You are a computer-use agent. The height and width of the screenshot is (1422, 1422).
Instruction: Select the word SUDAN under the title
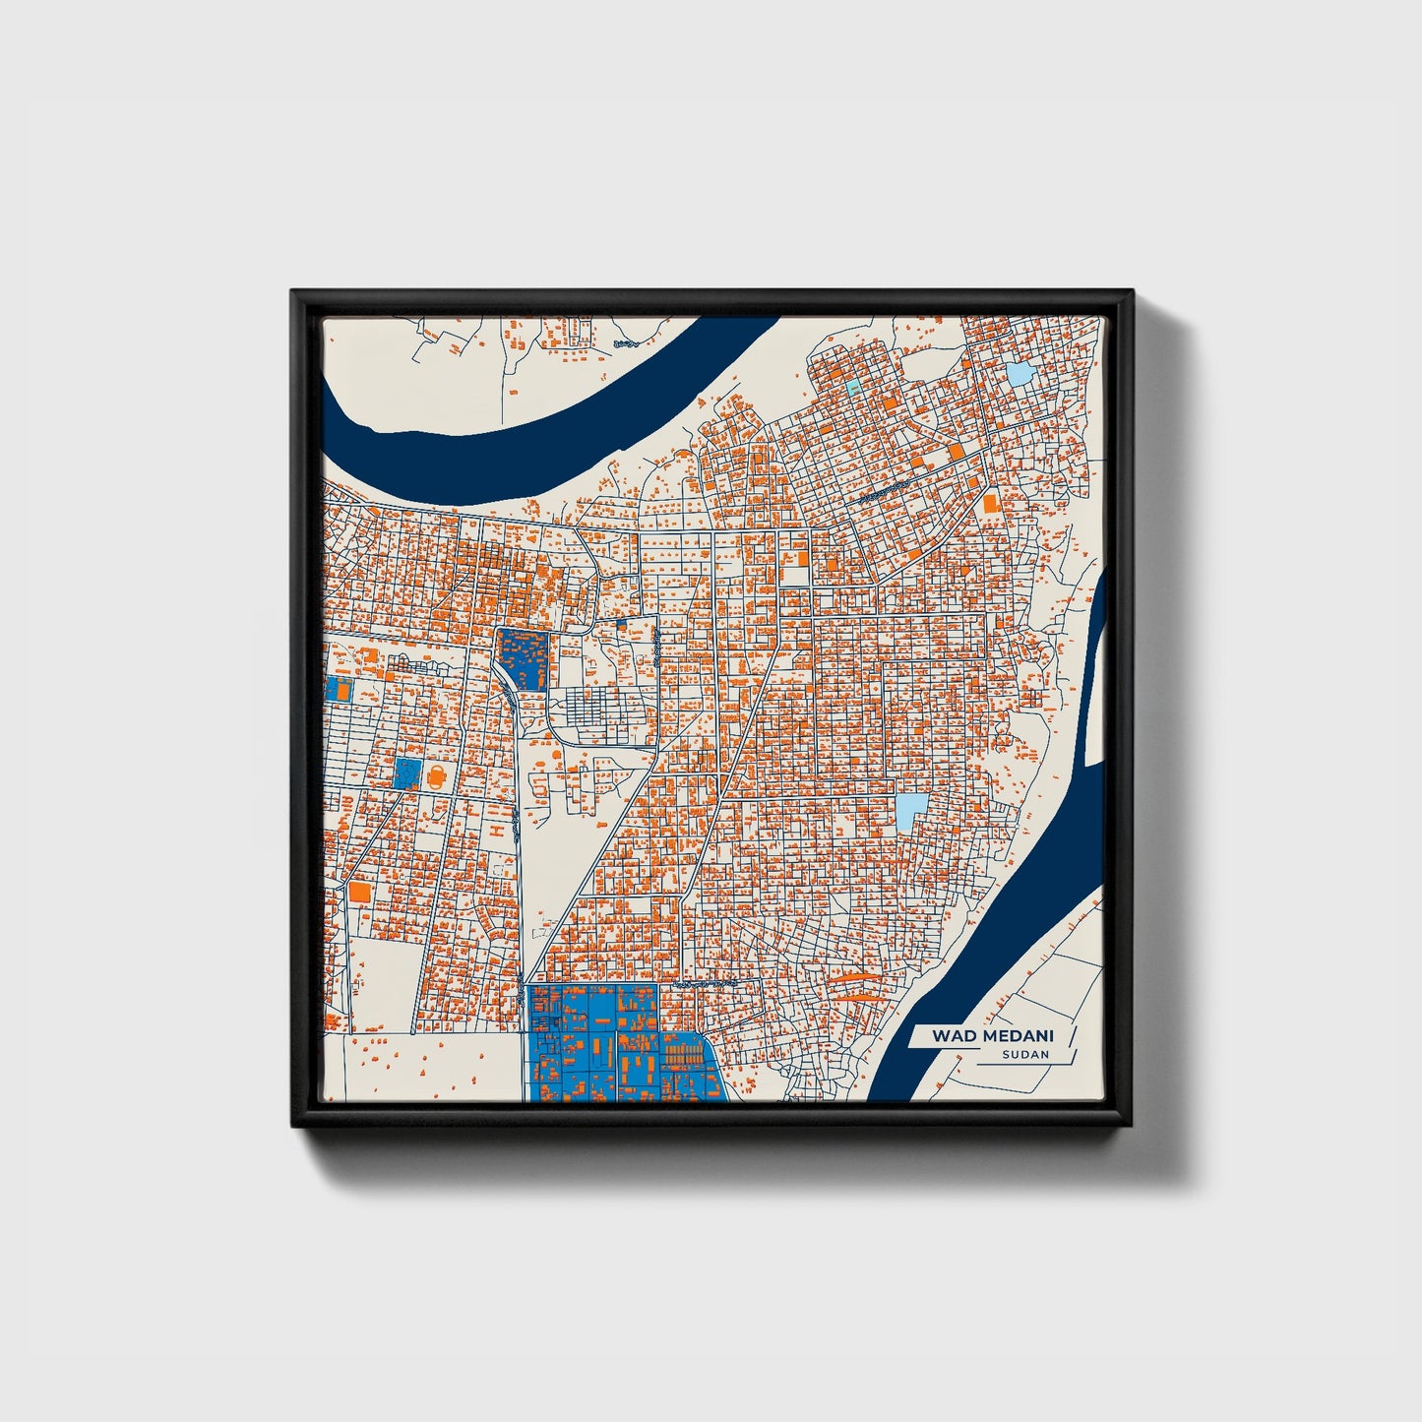(1025, 1055)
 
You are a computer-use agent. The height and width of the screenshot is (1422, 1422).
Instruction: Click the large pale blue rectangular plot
(911, 812)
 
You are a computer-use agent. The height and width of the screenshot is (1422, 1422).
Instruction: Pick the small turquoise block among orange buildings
(852, 387)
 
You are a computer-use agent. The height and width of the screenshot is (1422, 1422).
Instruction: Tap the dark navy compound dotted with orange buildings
(523, 658)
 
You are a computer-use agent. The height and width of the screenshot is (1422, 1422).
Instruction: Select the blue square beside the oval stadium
(406, 773)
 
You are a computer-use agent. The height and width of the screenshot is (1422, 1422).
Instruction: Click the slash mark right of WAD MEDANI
(1072, 1036)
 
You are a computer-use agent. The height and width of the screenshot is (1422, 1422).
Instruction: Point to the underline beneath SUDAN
(1014, 1065)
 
